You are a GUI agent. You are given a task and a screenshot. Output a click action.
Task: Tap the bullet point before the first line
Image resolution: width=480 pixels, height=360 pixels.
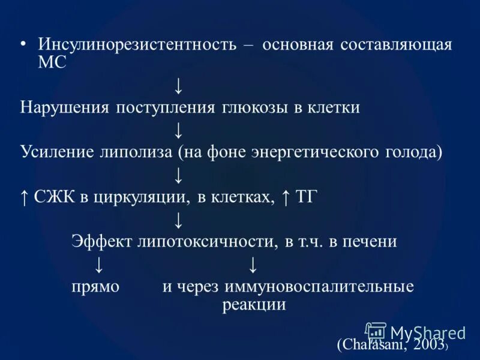[23, 45]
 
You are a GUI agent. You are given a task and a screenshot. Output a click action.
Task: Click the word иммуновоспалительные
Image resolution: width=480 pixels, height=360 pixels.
[319, 286]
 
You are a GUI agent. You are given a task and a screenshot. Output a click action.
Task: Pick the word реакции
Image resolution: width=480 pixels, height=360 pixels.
[254, 305]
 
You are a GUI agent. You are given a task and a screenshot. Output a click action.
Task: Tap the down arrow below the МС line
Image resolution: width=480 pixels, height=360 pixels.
[178, 86]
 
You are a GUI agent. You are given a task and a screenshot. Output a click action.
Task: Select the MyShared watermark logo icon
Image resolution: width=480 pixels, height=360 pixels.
[376, 332]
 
